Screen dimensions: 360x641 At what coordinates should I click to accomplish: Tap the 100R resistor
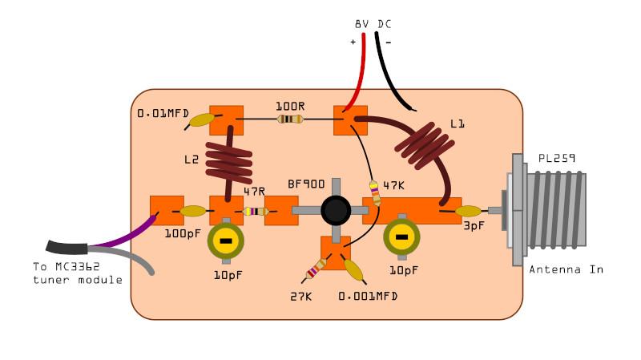[289, 119]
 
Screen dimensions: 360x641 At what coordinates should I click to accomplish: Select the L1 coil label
[458, 124]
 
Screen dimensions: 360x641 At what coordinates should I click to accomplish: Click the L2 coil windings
[228, 160]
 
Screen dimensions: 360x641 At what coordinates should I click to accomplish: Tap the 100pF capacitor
[194, 212]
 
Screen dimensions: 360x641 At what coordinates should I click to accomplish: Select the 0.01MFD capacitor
[200, 120]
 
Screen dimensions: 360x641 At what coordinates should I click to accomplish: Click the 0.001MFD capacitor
[353, 269]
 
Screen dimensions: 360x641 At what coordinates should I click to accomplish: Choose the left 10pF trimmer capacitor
[227, 240]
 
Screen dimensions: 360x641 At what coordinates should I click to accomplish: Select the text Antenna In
[566, 269]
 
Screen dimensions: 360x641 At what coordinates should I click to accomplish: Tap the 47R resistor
[255, 212]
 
